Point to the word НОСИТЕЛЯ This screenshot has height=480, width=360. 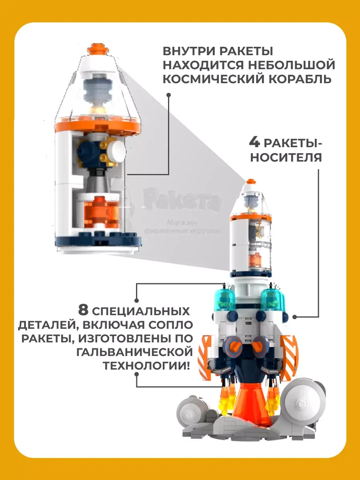(x=286, y=157)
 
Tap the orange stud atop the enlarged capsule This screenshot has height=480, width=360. (x=98, y=49)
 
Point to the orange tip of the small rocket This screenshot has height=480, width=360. (x=251, y=182)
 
